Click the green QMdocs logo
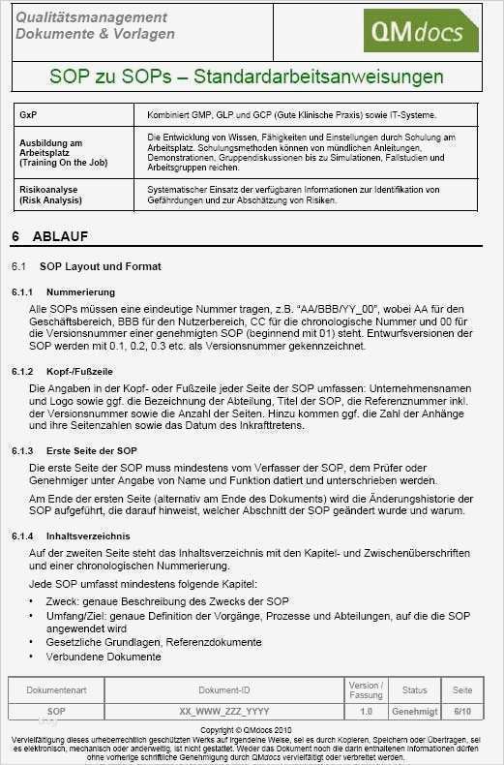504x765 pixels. click(x=420, y=31)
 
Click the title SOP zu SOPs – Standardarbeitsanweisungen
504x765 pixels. click(x=247, y=77)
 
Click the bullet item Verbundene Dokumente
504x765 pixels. click(x=104, y=656)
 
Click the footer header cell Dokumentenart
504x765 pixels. click(x=56, y=690)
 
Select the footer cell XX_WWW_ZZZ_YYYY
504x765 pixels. click(x=224, y=711)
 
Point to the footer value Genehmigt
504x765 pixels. click(x=414, y=711)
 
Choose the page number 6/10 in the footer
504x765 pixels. click(x=462, y=711)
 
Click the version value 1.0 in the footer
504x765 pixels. click(x=366, y=711)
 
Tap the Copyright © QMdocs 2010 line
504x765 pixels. click(x=251, y=728)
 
